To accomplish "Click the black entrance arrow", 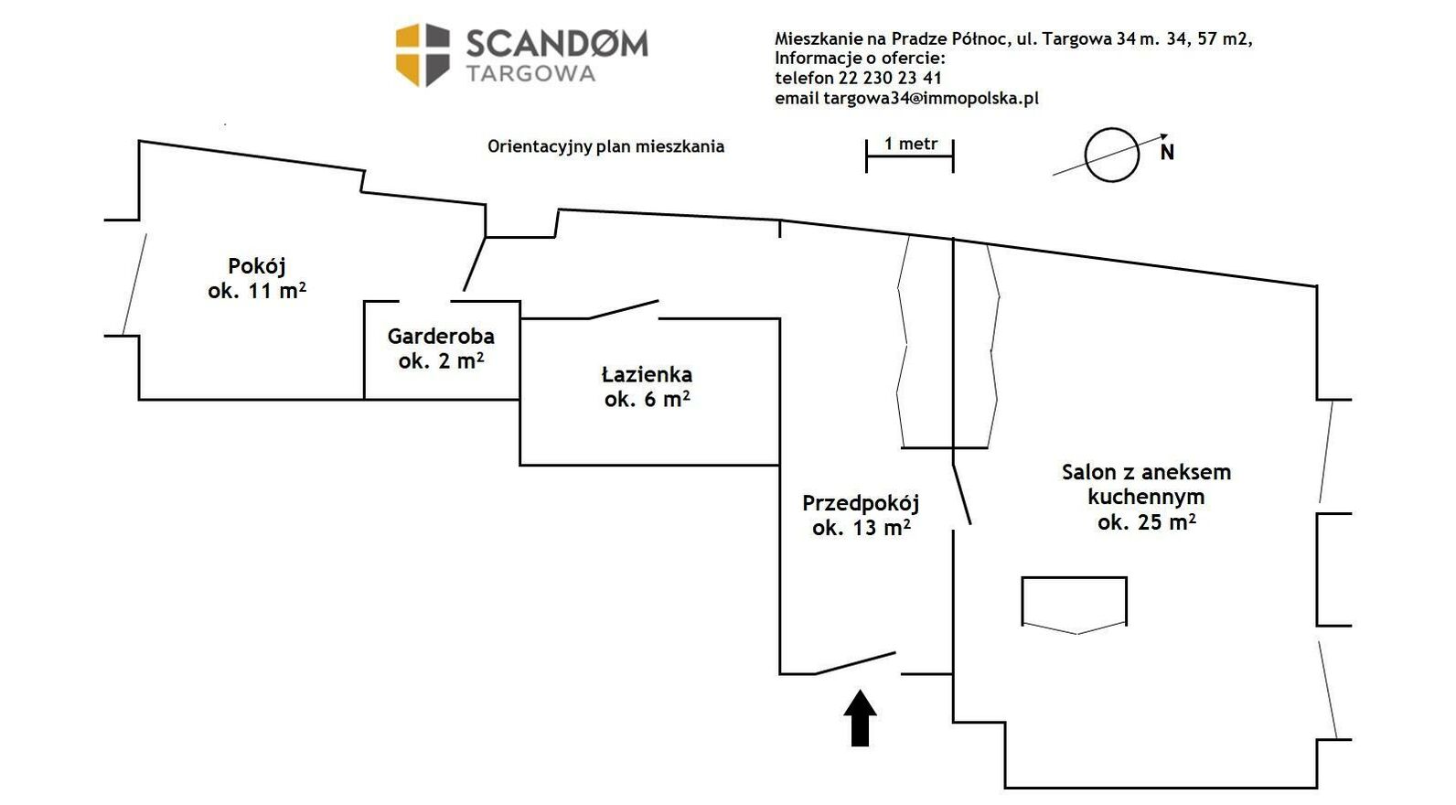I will click(x=860, y=719).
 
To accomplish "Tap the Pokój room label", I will click(x=257, y=278).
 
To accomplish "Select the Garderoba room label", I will click(x=441, y=349).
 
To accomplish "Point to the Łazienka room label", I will click(x=648, y=387).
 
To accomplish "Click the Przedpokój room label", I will click(x=861, y=515).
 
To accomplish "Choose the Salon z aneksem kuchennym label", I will click(x=1146, y=497).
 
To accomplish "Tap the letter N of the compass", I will click(x=1167, y=153).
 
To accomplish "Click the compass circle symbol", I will click(x=1111, y=155).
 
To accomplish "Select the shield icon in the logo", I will click(x=423, y=55).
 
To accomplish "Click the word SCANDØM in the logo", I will click(x=557, y=44).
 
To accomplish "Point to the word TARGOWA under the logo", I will click(x=530, y=74).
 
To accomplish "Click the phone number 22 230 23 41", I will click(x=890, y=78).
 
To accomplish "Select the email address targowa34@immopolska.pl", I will click(x=931, y=98).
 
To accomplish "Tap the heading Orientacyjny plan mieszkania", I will click(x=605, y=146).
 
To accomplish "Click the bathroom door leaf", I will click(x=624, y=309).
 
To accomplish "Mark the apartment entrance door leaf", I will click(x=855, y=663).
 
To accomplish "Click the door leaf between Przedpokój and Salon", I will click(x=960, y=494).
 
